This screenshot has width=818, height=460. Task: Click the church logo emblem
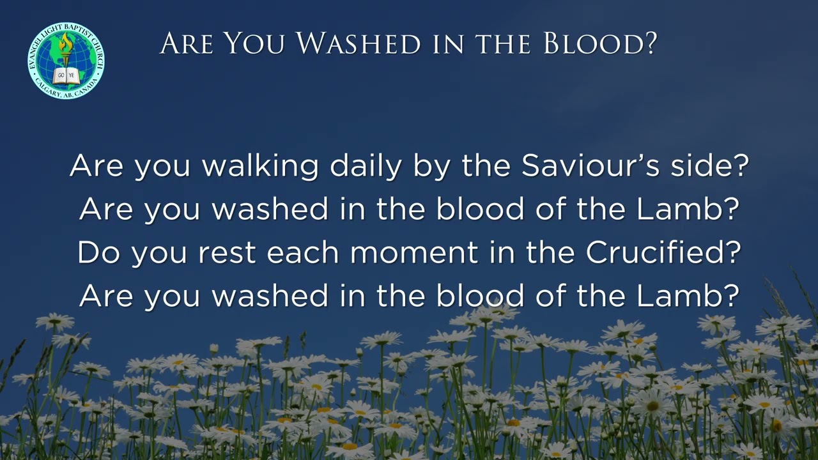tap(66, 61)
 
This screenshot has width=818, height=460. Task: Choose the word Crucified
tap(656, 252)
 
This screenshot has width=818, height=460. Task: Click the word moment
tap(414, 252)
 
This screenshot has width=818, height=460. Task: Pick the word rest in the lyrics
tap(228, 252)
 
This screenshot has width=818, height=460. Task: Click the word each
tap(304, 252)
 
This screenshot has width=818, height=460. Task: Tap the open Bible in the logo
tap(66, 76)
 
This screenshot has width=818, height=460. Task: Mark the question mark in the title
tap(650, 43)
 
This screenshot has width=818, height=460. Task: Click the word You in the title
tap(257, 43)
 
